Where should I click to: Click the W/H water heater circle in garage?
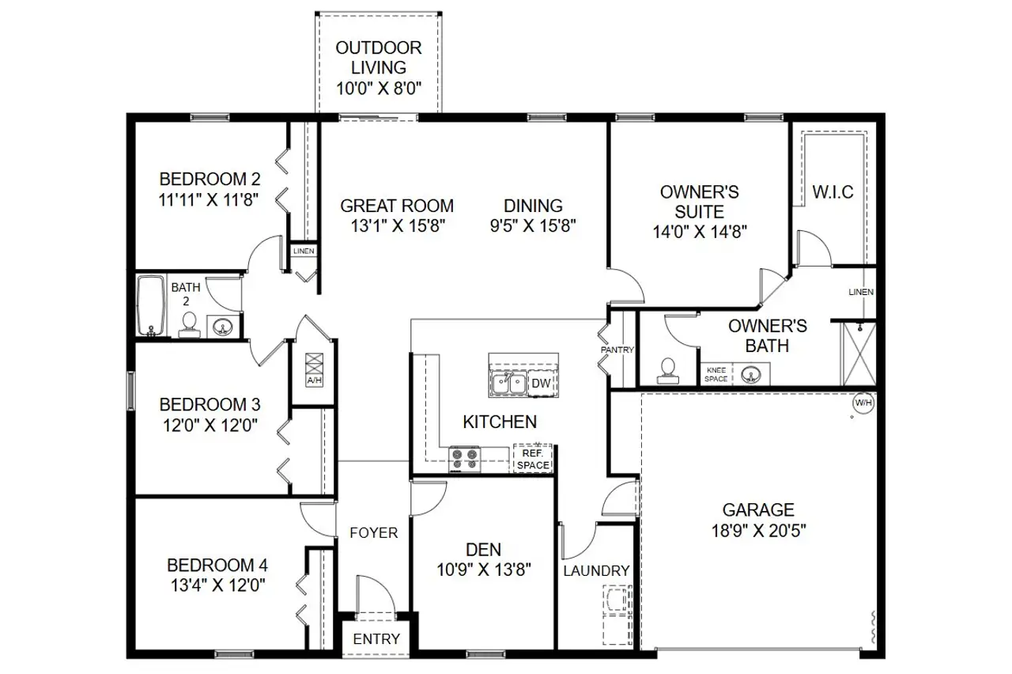[863, 403]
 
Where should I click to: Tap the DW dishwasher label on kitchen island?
[540, 384]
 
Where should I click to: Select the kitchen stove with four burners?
[464, 460]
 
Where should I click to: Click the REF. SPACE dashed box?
[532, 460]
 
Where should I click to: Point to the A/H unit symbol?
[314, 368]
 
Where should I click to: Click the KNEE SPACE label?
[716, 374]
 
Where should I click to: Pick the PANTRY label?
[617, 349]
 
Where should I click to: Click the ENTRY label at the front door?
[376, 639]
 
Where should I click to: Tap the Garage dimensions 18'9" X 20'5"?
[758, 531]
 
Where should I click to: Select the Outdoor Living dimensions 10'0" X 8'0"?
[378, 88]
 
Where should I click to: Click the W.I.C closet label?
[833, 192]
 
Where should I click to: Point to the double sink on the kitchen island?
[508, 384]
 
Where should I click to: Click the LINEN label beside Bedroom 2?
[304, 251]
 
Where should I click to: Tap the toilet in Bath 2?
[189, 324]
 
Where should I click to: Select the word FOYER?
[374, 533]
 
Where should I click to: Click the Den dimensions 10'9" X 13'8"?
[483, 568]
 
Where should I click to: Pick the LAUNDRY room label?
[596, 570]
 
